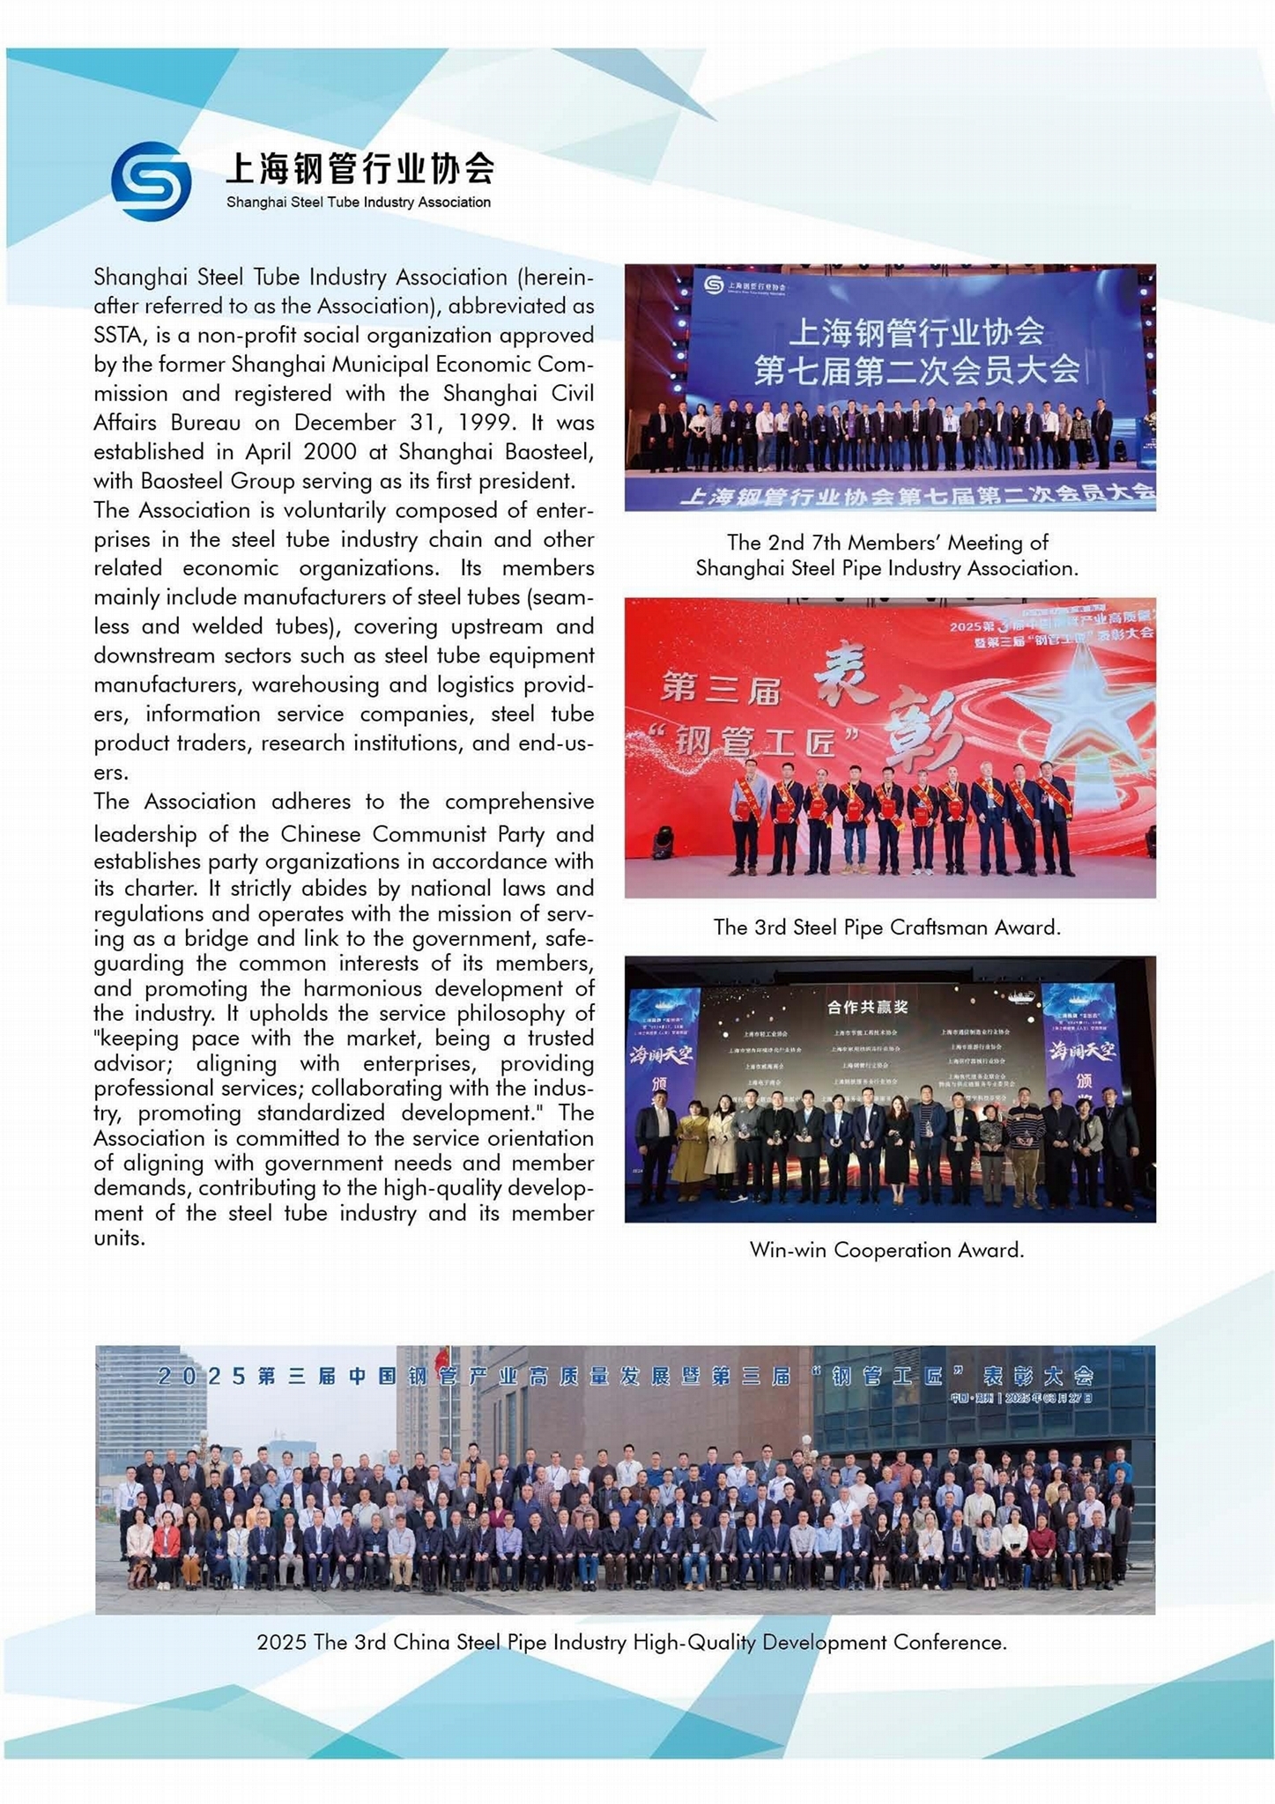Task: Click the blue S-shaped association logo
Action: pyautogui.click(x=151, y=181)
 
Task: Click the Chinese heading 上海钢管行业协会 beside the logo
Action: pyautogui.click(x=360, y=167)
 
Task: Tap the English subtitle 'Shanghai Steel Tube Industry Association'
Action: pyautogui.click(x=358, y=203)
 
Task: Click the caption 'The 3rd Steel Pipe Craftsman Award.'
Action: pyautogui.click(x=886, y=928)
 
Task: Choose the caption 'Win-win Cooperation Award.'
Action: pyautogui.click(x=886, y=1250)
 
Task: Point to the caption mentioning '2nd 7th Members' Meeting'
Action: pyautogui.click(x=886, y=555)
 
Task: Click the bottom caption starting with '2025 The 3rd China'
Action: pyautogui.click(x=631, y=1642)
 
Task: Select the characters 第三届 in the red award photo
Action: pyautogui.click(x=720, y=689)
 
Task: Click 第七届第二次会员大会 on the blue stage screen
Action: pyautogui.click(x=916, y=370)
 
